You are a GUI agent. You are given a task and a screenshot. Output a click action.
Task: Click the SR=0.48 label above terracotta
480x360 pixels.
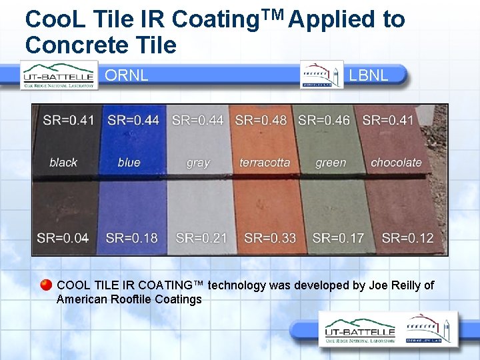pyautogui.click(x=261, y=121)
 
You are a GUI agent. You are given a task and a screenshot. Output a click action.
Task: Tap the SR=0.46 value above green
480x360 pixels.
pyautogui.click(x=324, y=121)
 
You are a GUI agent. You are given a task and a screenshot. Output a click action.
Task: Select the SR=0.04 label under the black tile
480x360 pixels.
pyautogui.click(x=63, y=238)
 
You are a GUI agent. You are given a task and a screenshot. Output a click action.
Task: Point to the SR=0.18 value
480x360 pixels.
pyautogui.click(x=133, y=238)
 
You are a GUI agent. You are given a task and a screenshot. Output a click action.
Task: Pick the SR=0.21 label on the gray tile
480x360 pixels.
pyautogui.click(x=201, y=238)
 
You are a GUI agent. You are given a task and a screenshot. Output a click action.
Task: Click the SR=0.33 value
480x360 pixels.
pyautogui.click(x=270, y=238)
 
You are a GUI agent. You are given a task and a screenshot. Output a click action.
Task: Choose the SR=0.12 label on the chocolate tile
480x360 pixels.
pyautogui.click(x=408, y=238)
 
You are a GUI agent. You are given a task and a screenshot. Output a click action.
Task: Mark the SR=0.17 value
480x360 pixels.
pyautogui.click(x=338, y=238)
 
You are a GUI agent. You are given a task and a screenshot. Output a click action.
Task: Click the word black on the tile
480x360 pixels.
pyautogui.click(x=63, y=162)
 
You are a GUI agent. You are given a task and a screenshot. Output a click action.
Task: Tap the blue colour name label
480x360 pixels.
pyautogui.click(x=129, y=162)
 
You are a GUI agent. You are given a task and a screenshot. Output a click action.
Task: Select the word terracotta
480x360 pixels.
pyautogui.click(x=265, y=162)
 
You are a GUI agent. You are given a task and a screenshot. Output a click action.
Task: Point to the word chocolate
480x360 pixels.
pyautogui.click(x=396, y=162)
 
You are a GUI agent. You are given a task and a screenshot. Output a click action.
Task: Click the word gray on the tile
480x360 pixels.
pyautogui.click(x=198, y=163)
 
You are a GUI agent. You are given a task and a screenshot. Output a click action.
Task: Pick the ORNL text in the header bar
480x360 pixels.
pyautogui.click(x=127, y=75)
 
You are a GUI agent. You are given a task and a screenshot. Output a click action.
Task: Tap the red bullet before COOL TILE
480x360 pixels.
pyautogui.click(x=45, y=285)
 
